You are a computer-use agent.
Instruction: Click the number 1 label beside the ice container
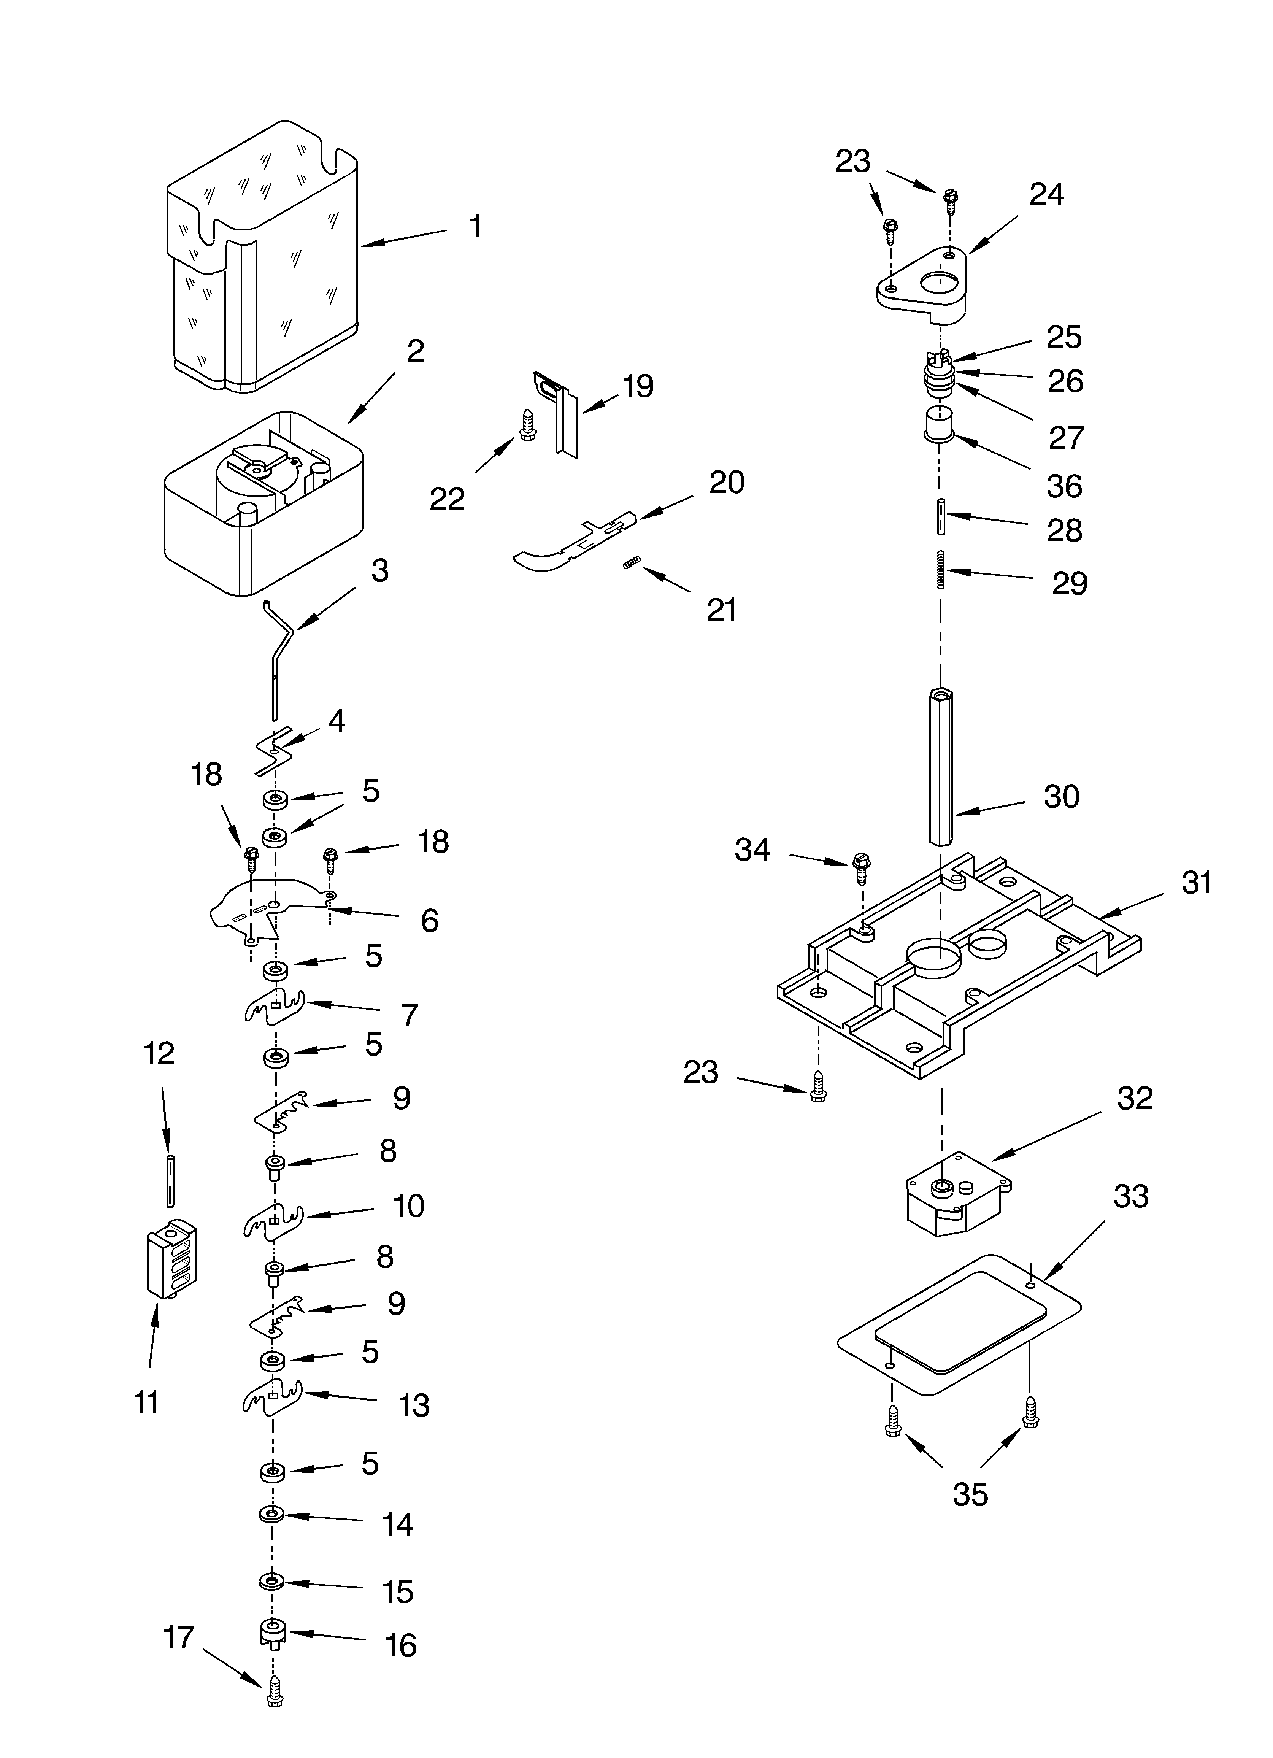click(x=475, y=227)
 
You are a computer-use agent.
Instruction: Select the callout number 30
click(x=1061, y=797)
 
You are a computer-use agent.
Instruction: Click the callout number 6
click(x=429, y=921)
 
